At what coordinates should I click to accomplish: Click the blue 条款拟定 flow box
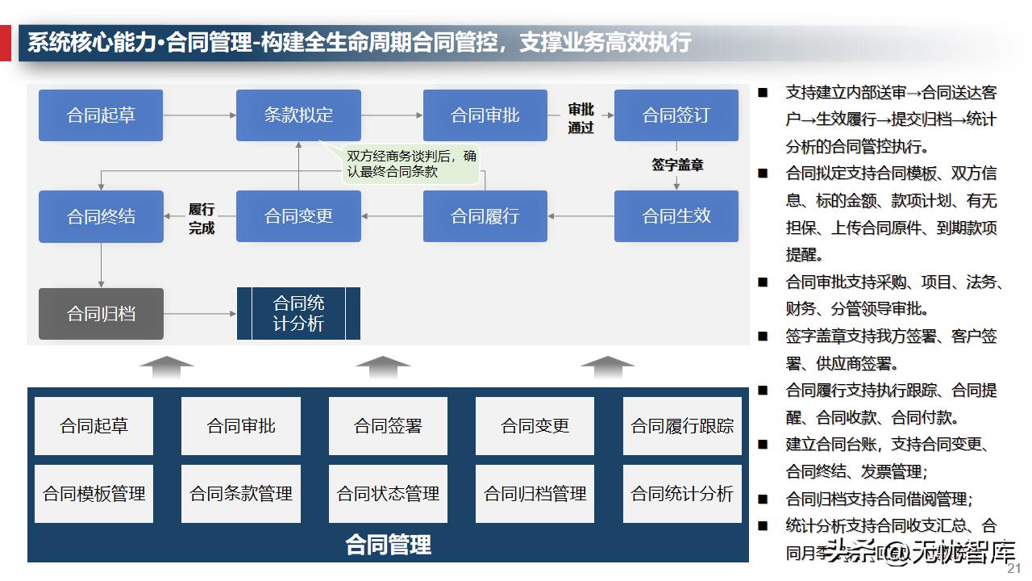coord(298,115)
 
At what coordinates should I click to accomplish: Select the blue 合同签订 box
coord(676,115)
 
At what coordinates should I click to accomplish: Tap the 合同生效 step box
coord(676,216)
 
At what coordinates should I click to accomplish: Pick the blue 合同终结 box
coord(101,216)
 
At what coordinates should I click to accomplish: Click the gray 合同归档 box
coord(101,314)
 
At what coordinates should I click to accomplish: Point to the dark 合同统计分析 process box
coord(298,314)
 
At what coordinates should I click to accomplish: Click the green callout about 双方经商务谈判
coord(411,164)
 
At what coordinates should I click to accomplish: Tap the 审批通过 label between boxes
coord(580,118)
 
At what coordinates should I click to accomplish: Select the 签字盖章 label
coord(677,165)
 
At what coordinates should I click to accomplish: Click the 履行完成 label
coord(202,218)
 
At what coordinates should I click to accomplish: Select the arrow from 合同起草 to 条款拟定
coord(199,115)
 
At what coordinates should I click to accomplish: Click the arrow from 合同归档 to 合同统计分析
coord(199,314)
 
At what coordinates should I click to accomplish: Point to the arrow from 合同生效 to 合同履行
coord(580,216)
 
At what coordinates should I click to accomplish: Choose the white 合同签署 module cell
coord(388,426)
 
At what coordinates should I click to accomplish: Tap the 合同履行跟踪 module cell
coord(682,426)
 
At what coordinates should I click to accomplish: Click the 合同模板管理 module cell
coord(94,494)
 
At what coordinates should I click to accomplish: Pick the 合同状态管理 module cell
coord(388,494)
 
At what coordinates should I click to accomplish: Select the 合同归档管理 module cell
coord(535,494)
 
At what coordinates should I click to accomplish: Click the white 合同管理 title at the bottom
coord(388,545)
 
